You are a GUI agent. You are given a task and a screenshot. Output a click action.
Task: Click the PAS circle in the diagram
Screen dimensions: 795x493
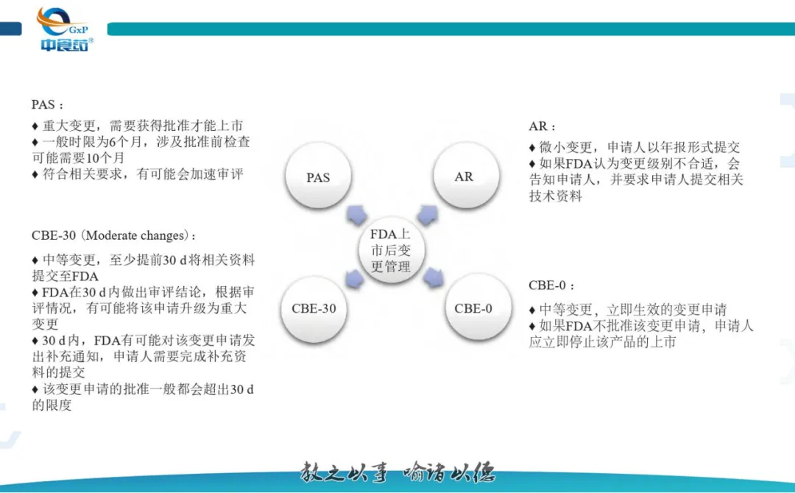(x=318, y=177)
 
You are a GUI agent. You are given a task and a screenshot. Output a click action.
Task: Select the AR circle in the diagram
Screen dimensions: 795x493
(x=464, y=177)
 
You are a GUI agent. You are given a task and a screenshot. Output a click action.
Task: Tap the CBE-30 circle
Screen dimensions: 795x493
(x=314, y=308)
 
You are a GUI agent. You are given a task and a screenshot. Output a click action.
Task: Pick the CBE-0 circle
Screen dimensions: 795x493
(x=473, y=308)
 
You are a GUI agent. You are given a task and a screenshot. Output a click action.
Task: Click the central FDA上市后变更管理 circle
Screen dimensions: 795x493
(x=390, y=250)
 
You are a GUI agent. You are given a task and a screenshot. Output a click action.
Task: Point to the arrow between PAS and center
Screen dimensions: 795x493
(x=356, y=214)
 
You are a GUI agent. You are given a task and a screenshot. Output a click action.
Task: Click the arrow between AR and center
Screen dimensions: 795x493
(x=428, y=214)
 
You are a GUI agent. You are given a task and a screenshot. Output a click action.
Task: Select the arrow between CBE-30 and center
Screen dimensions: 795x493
(x=354, y=278)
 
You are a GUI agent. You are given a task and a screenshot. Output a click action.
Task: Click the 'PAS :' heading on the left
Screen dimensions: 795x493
(x=48, y=104)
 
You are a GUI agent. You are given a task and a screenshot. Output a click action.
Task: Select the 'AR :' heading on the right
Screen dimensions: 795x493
(x=543, y=127)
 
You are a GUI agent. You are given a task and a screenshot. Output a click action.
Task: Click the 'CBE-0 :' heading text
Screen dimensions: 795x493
(x=551, y=285)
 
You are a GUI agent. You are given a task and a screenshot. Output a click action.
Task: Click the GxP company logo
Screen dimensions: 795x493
(x=65, y=29)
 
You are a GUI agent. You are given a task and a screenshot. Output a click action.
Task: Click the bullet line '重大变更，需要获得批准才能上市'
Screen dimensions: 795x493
(x=138, y=125)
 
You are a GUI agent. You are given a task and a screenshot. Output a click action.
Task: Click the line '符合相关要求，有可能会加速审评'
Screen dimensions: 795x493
(x=138, y=174)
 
